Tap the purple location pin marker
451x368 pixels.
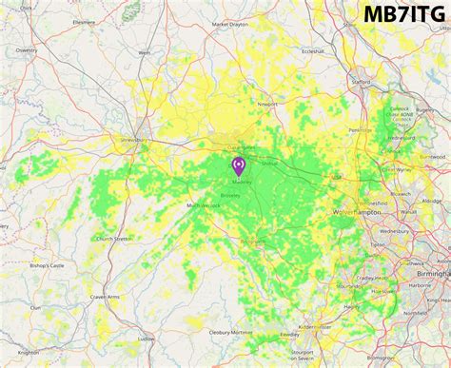tap(239, 166)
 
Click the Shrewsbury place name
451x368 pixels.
tap(128, 139)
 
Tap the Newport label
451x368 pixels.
tap(267, 104)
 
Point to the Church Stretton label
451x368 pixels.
tap(113, 238)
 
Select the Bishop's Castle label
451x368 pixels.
tap(44, 265)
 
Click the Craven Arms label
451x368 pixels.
tap(105, 298)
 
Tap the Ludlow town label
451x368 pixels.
tap(146, 338)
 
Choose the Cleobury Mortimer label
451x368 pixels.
tap(232, 333)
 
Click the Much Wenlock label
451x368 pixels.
tap(203, 205)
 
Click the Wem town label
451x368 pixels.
tap(145, 53)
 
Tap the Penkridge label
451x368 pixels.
tap(361, 129)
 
